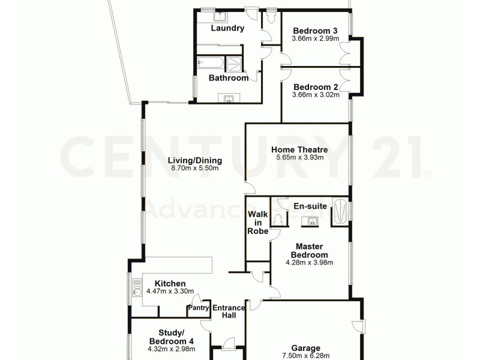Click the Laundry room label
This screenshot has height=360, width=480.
227,28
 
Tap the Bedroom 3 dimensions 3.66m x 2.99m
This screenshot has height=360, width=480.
315,39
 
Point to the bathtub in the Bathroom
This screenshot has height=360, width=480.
209,62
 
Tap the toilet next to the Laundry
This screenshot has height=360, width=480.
271,19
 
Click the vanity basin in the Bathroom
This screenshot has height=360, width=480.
229,98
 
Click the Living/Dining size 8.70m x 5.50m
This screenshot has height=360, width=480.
196,169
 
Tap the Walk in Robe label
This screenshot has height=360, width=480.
257,222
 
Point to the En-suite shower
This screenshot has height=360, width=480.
340,211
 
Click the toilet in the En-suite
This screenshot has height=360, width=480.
277,221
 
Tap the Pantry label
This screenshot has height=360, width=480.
198,308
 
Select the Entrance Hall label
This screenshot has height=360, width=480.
229,311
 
